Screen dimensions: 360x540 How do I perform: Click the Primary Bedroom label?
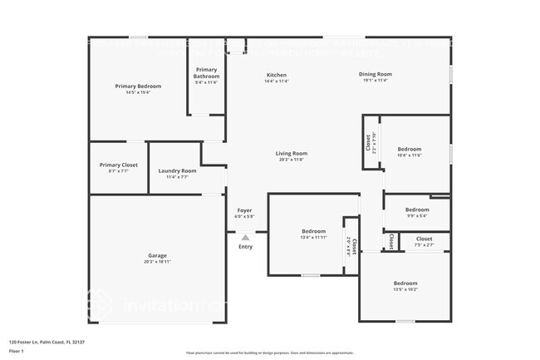138,86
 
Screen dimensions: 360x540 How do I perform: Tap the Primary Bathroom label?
206,73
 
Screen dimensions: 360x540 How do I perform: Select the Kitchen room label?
276,75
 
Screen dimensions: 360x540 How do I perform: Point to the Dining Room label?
376,74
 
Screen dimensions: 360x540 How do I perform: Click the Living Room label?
292,153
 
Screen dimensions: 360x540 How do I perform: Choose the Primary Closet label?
119,165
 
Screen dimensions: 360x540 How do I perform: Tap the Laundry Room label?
177,171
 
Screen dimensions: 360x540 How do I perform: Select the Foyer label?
245,210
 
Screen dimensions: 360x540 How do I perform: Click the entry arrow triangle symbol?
245,237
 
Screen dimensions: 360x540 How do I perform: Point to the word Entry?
245,247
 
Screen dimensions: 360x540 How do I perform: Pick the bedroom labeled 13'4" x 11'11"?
313,231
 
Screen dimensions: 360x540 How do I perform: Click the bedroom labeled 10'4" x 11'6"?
410,150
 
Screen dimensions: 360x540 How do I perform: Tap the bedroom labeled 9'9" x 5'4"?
417,210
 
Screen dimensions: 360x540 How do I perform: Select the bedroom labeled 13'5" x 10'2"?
405,284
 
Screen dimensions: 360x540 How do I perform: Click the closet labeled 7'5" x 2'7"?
424,239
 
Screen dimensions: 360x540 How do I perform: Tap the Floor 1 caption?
17,352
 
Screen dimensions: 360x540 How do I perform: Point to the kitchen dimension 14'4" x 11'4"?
276,81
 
